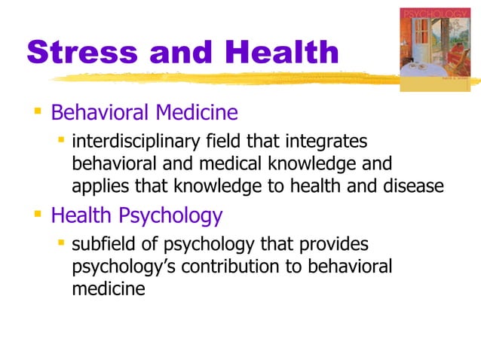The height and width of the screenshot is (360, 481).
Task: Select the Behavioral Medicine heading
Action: (x=144, y=113)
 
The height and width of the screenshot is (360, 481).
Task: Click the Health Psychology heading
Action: (x=136, y=216)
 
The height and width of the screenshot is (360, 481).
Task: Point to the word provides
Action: (x=333, y=245)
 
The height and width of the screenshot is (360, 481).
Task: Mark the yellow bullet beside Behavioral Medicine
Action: (x=35, y=114)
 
